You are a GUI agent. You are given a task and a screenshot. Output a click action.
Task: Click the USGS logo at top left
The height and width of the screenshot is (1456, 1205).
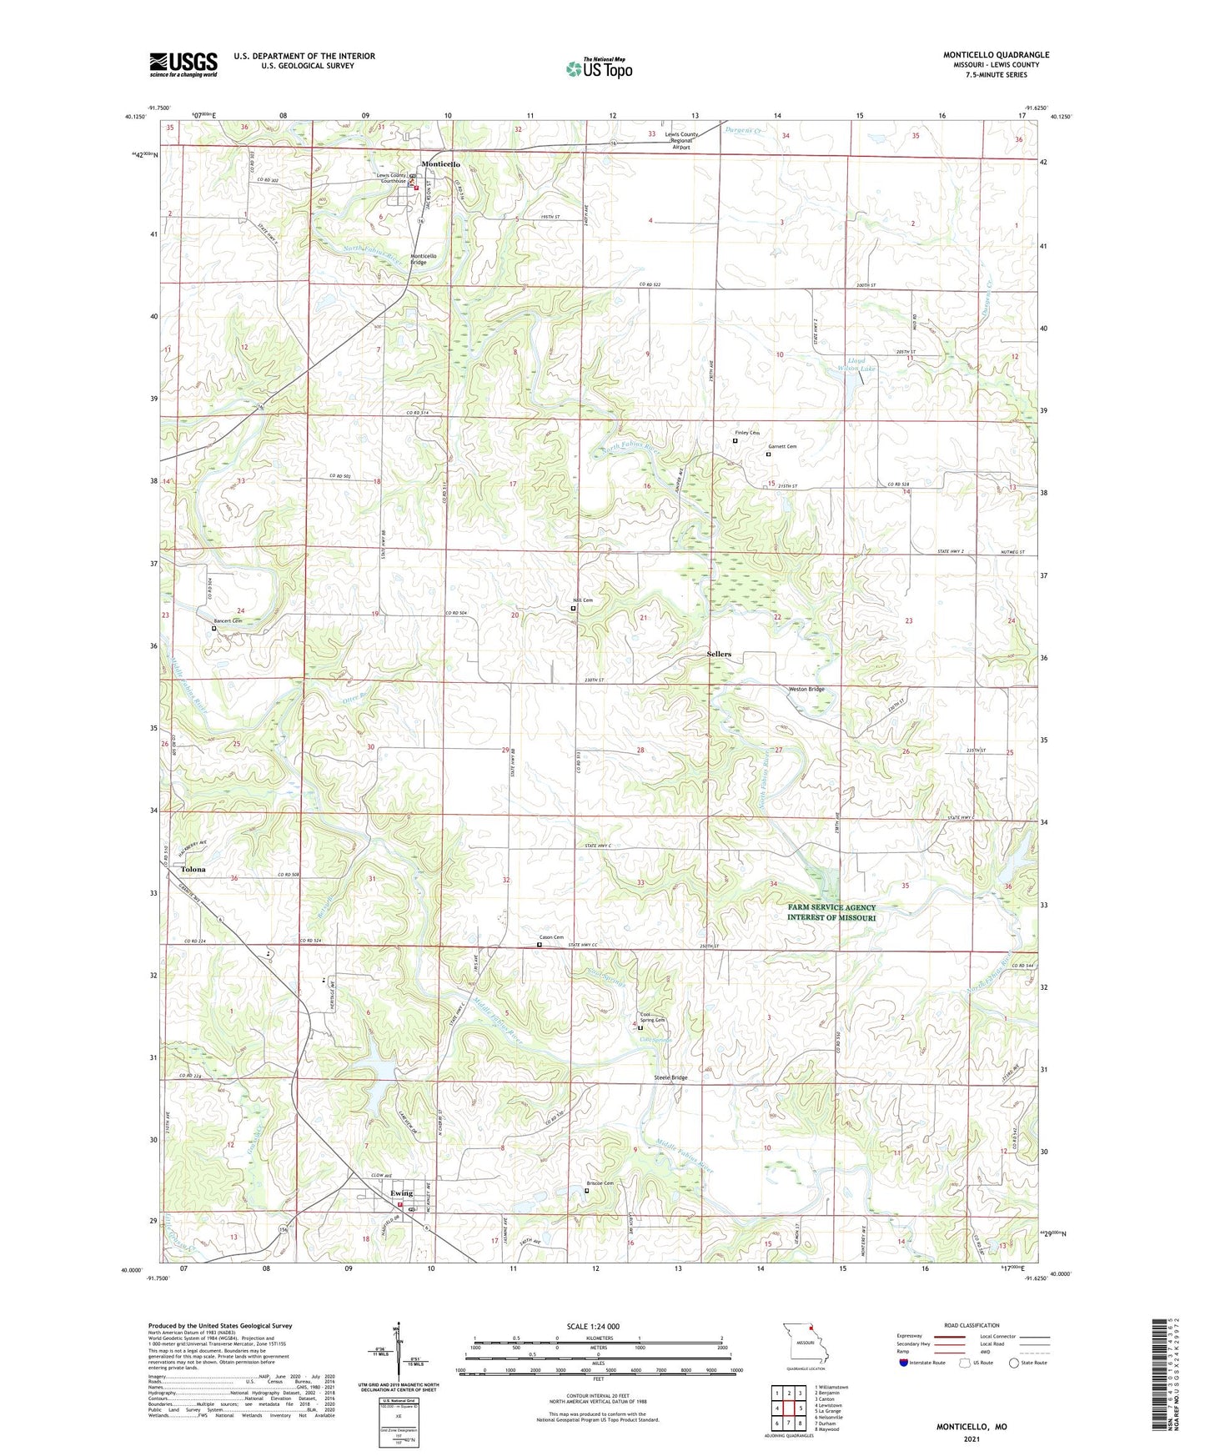[183, 64]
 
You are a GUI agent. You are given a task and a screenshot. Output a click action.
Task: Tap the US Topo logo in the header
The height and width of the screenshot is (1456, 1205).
[599, 68]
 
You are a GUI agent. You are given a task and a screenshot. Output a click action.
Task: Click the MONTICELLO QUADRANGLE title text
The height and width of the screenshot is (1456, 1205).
[996, 55]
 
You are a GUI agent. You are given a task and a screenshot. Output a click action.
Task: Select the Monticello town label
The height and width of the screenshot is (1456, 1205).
[440, 164]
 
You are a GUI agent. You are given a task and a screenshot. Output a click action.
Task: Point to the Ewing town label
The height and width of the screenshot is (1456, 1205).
[401, 1193]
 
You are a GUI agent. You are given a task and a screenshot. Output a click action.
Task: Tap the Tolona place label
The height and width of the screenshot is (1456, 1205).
[193, 869]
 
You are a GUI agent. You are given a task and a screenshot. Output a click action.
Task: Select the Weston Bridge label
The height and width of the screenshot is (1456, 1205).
[806, 689]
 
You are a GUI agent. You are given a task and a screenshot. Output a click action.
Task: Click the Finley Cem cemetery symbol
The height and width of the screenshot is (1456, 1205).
[735, 441]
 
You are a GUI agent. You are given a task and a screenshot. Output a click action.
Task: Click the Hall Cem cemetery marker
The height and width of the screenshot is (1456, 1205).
[573, 609]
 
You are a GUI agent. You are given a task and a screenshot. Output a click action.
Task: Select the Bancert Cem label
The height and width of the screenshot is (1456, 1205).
[228, 621]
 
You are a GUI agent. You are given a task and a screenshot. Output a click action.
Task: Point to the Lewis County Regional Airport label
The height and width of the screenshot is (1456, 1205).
[681, 140]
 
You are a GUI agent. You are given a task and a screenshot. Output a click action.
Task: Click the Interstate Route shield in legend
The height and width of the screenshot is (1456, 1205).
[904, 1363]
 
